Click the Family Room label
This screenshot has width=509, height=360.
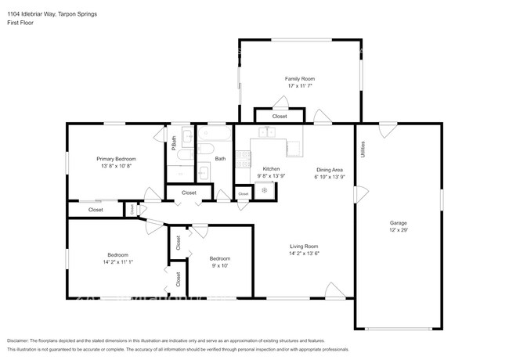299,79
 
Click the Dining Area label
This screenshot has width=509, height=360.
329,169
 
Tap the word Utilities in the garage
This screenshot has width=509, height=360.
362,149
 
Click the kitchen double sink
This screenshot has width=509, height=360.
267,132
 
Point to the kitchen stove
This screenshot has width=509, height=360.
265,190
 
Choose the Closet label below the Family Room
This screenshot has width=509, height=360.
280,117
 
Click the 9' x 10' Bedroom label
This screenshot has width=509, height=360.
219,258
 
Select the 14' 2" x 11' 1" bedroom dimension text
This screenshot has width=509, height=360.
118,262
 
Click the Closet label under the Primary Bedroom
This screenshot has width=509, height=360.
96,210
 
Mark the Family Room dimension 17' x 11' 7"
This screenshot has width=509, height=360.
299,86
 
